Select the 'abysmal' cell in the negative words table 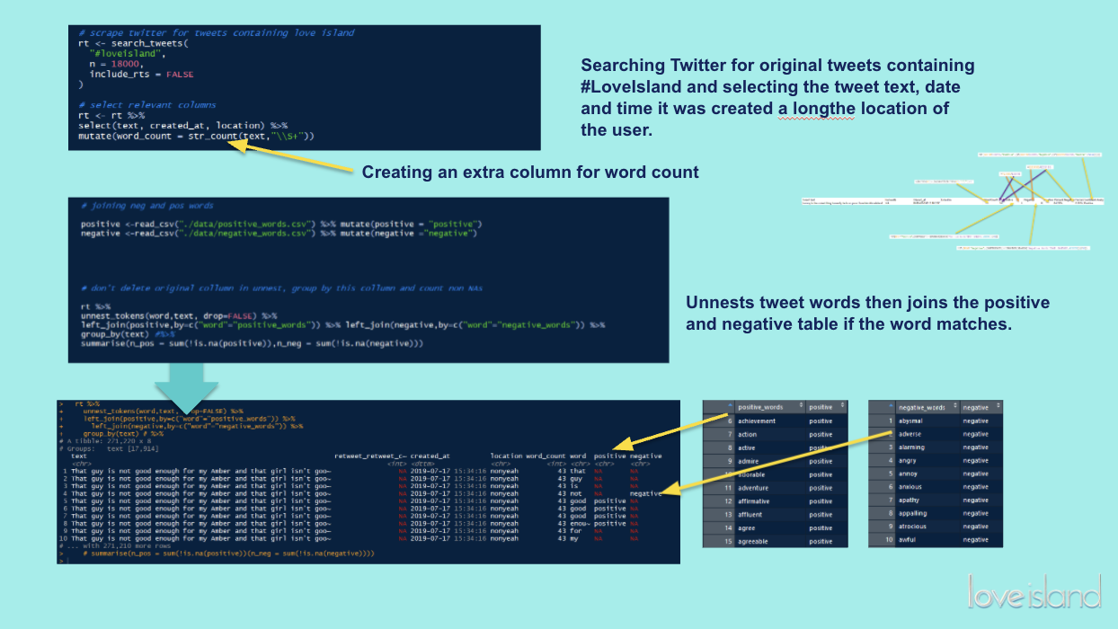click(911, 421)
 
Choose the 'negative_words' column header click(921, 407)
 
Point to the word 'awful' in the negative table click(908, 540)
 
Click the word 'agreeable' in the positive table click(757, 541)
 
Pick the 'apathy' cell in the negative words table click(909, 500)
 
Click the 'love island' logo click(1034, 593)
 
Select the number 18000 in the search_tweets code click(124, 64)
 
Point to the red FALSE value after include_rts click(180, 75)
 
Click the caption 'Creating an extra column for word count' click(530, 172)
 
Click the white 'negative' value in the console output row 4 click(645, 493)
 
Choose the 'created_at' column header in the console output click(430, 456)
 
